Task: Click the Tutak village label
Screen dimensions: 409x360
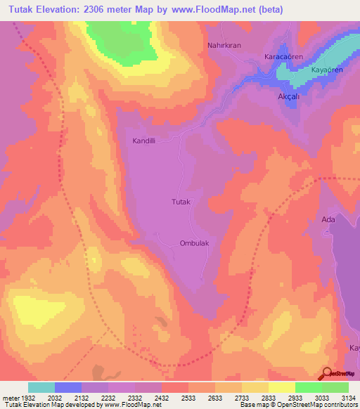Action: [181, 202]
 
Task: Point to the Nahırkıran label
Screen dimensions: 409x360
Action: [224, 46]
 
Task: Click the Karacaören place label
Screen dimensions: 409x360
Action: [282, 56]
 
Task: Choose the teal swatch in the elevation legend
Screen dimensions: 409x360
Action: [41, 387]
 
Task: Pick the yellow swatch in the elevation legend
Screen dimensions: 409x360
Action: [281, 387]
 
